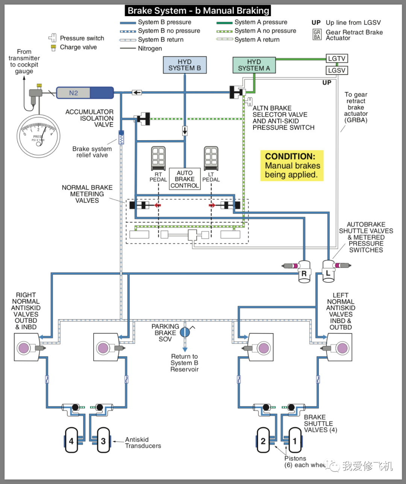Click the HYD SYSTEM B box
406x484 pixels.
pos(185,65)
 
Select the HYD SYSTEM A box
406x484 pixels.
pos(254,65)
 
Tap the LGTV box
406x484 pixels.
pos(336,59)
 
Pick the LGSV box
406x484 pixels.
pos(336,70)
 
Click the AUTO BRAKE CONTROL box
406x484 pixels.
pos(185,179)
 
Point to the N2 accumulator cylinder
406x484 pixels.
pos(85,93)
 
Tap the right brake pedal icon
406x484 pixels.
pos(158,158)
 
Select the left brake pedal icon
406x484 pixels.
pos(211,158)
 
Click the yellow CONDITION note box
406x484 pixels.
pos(292,166)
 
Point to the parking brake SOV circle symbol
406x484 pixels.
pos(185,332)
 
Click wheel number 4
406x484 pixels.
pos(71,440)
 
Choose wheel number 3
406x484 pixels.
pos(103,440)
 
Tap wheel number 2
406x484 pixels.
pos(263,440)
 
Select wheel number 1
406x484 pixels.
pos(295,440)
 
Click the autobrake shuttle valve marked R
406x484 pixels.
pos(304,272)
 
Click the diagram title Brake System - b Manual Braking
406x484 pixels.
pos(198,11)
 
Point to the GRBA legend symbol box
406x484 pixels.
pos(317,35)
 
